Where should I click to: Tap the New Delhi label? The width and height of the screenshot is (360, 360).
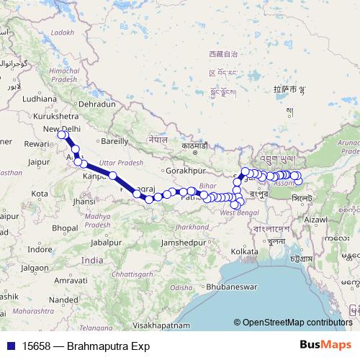[60, 128]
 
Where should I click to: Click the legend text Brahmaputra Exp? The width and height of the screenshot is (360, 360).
[108, 346]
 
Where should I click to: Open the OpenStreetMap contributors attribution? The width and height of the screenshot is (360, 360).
[297, 322]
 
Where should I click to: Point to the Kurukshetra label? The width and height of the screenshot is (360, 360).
[57, 115]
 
